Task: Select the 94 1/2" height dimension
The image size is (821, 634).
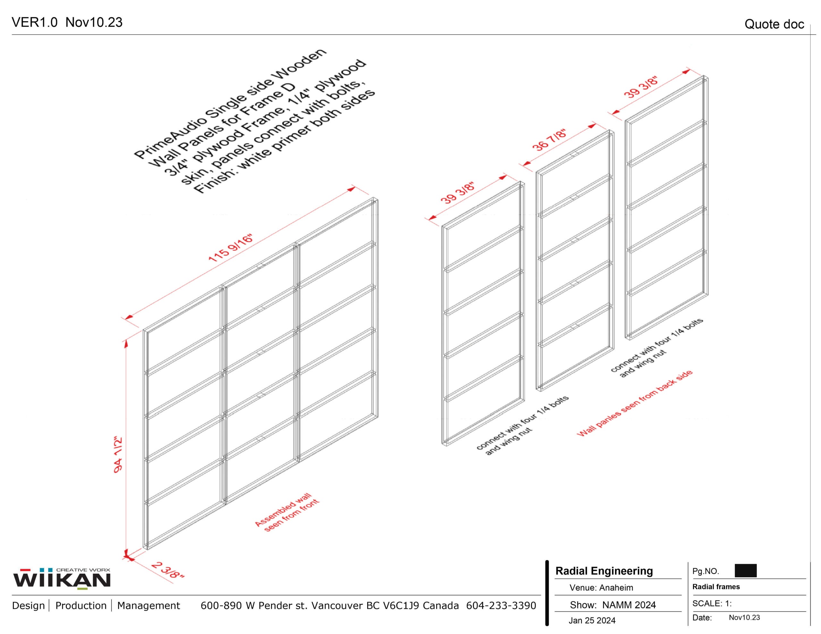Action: [x=118, y=455]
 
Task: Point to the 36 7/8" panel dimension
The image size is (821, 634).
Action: [x=549, y=141]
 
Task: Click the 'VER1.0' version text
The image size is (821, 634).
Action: [x=35, y=22]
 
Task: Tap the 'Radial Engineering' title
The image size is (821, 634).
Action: [x=604, y=571]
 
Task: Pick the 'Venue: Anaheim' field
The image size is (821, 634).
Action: [x=601, y=588]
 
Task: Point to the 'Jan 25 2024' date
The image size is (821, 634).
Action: [x=592, y=621]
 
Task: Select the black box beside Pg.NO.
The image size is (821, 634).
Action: [x=745, y=571]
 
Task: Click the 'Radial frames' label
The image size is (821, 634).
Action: [x=716, y=587]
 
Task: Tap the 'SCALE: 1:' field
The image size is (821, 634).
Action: [x=712, y=604]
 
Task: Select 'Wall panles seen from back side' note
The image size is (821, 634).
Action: [x=635, y=403]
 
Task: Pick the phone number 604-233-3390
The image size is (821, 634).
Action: [x=501, y=605]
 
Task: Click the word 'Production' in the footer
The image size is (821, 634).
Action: [x=81, y=605]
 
